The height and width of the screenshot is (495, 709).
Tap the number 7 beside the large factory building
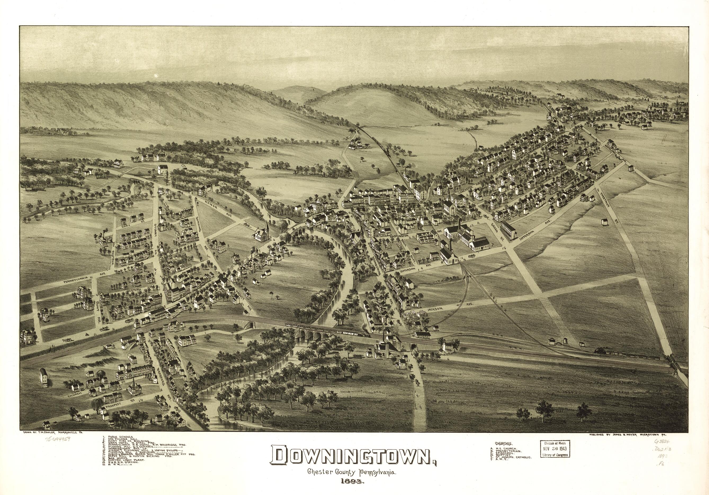(493, 245)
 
